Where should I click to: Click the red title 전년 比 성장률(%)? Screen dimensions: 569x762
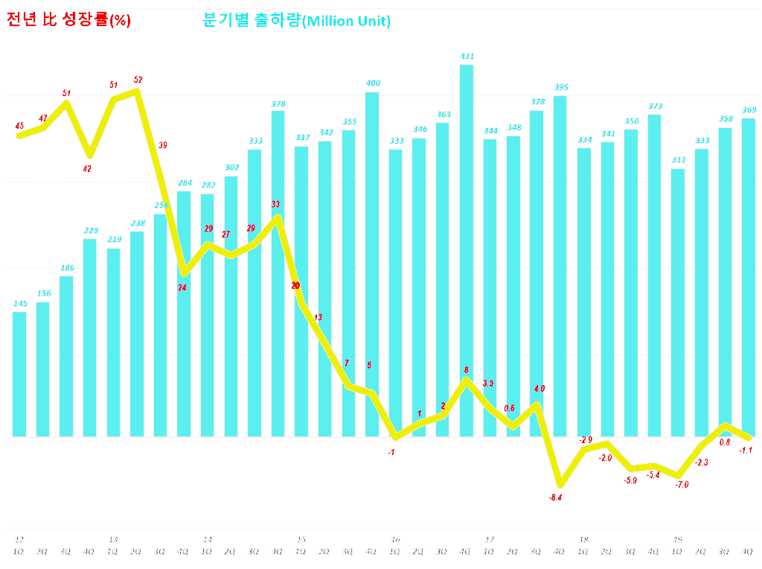click(x=68, y=21)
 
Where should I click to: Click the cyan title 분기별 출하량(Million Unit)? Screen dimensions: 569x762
click(x=296, y=21)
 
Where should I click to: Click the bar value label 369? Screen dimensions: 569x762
click(x=749, y=110)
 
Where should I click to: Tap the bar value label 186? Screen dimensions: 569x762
click(x=66, y=268)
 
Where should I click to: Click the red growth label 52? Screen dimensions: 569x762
click(x=138, y=80)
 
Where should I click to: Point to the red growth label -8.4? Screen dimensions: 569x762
click(x=554, y=498)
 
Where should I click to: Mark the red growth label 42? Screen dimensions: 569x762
click(x=87, y=169)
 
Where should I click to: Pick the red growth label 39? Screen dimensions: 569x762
click(x=162, y=145)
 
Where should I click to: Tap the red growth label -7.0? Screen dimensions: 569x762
click(x=682, y=485)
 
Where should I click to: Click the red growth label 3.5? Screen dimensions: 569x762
click(x=488, y=384)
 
